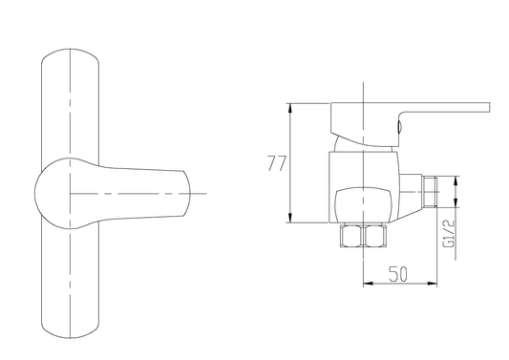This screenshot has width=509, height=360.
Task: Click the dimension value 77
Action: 277,163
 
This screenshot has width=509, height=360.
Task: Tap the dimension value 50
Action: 398,274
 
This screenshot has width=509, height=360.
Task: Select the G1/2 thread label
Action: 449,233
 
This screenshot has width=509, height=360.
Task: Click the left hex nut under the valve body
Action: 350,236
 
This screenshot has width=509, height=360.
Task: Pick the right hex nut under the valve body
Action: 375,236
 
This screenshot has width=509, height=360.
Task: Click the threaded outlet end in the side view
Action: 430,192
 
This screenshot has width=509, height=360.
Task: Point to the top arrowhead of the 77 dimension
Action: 290,108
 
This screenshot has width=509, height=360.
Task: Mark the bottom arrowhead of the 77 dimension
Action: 290,218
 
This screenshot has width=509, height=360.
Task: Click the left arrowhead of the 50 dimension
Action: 368,284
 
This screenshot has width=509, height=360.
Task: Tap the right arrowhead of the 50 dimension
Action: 432,284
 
